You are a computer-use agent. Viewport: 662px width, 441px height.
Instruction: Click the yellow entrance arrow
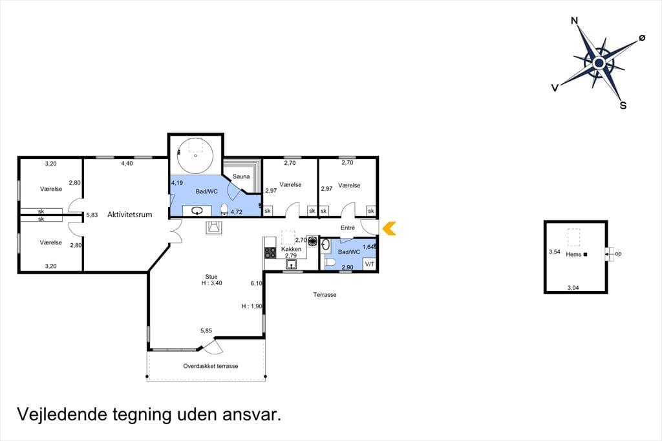pos(389,228)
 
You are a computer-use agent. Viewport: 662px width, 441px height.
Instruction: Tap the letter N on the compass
pos(574,21)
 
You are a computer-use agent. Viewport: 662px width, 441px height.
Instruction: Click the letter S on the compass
pos(623,105)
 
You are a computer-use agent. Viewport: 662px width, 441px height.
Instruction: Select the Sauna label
pos(241,177)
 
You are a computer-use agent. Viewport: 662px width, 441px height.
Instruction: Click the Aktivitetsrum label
pos(129,215)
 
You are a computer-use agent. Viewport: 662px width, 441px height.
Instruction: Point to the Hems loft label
pos(573,254)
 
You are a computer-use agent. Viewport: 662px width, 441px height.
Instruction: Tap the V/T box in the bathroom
pos(369,264)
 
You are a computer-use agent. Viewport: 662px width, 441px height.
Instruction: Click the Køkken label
pos(292,249)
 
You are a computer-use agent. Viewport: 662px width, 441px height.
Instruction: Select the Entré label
pos(348,228)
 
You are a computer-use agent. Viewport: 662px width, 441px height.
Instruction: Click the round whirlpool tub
pos(195,155)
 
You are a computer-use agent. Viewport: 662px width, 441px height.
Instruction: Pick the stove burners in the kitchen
pos(270,253)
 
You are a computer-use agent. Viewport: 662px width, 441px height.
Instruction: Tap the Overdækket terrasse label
pos(210,366)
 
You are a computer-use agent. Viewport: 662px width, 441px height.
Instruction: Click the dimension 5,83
pos(92,215)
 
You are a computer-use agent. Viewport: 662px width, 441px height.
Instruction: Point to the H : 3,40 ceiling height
pos(211,283)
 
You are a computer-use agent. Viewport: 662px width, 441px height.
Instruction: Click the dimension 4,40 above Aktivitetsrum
pos(127,164)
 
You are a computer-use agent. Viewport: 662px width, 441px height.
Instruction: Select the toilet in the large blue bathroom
pos(224,209)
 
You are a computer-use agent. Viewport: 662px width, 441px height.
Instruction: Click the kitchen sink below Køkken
pos(292,264)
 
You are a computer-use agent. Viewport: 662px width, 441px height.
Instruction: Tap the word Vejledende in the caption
pos(62,414)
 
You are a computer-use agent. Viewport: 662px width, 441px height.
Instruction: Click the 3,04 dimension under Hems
pos(573,288)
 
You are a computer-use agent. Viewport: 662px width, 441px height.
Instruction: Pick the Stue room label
pos(211,277)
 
